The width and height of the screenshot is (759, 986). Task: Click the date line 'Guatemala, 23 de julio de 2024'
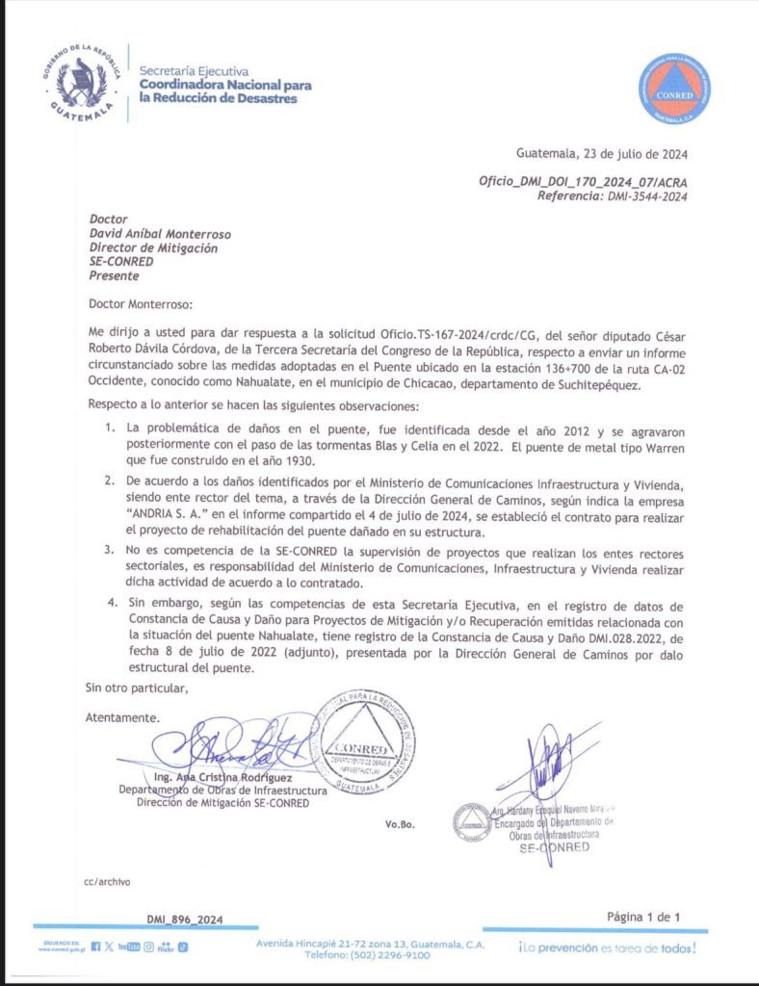tap(602, 154)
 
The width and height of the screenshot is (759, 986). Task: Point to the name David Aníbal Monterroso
tap(160, 234)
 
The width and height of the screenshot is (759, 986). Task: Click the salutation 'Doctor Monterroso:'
tap(141, 304)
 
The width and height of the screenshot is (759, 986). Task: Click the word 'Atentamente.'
tap(122, 718)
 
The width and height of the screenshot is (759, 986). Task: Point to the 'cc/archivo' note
tap(107, 881)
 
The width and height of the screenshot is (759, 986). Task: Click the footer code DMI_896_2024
tap(185, 920)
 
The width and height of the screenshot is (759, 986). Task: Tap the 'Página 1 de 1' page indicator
tap(643, 917)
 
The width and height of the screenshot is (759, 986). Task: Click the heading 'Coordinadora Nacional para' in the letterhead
tap(225, 84)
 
